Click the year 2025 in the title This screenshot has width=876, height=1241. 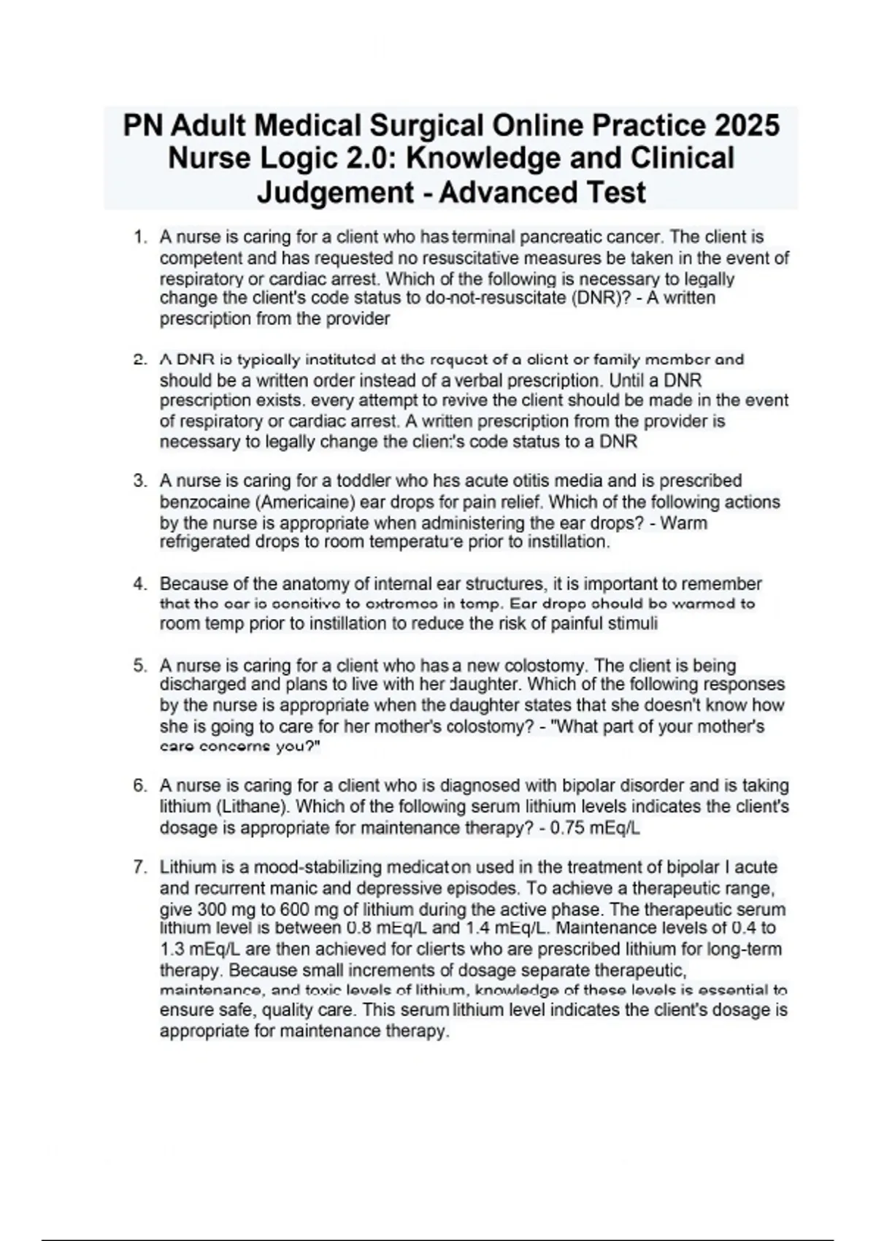point(747,126)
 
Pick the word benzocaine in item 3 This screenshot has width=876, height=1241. point(195,502)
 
